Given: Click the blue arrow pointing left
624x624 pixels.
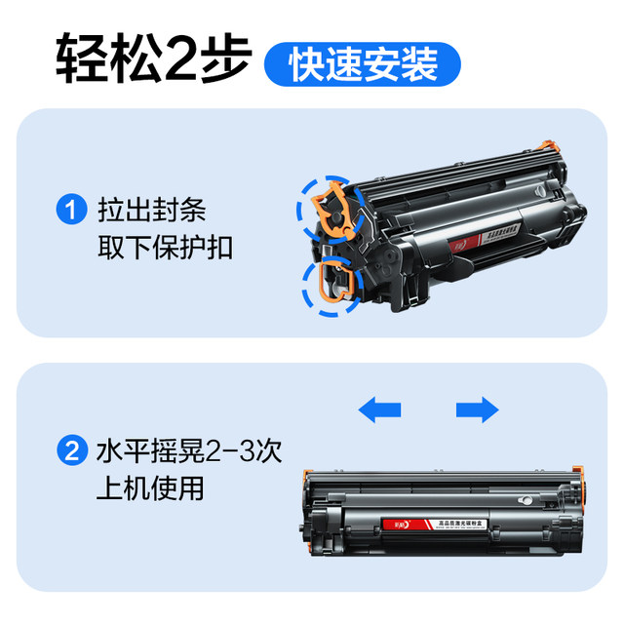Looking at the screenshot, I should [x=379, y=409].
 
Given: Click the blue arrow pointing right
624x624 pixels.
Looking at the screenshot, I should [x=477, y=409].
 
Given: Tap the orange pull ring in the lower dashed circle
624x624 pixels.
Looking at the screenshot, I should [x=328, y=283].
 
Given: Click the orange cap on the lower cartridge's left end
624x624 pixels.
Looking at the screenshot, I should [x=309, y=478].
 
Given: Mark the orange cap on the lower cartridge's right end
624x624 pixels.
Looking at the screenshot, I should [x=579, y=478].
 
